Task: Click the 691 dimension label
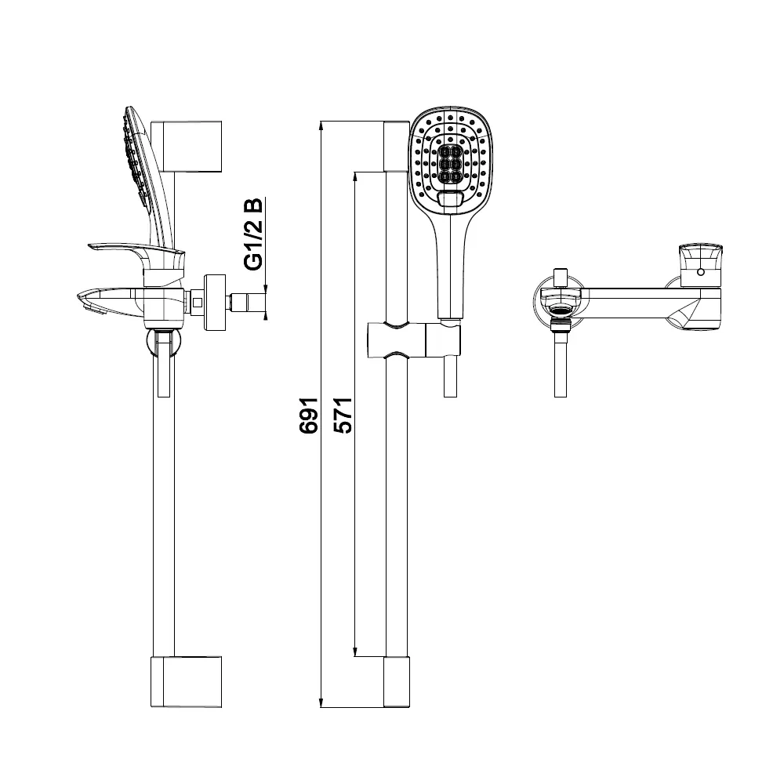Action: [x=308, y=415]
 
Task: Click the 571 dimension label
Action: [x=343, y=415]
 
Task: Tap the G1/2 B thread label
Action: [x=252, y=234]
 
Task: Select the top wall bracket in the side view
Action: [x=186, y=146]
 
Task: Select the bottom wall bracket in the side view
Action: [x=186, y=681]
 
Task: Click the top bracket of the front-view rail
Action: [x=397, y=146]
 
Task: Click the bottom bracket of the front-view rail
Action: [x=397, y=681]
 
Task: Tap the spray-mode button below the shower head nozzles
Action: [x=450, y=199]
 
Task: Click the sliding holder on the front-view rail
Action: [x=413, y=340]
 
